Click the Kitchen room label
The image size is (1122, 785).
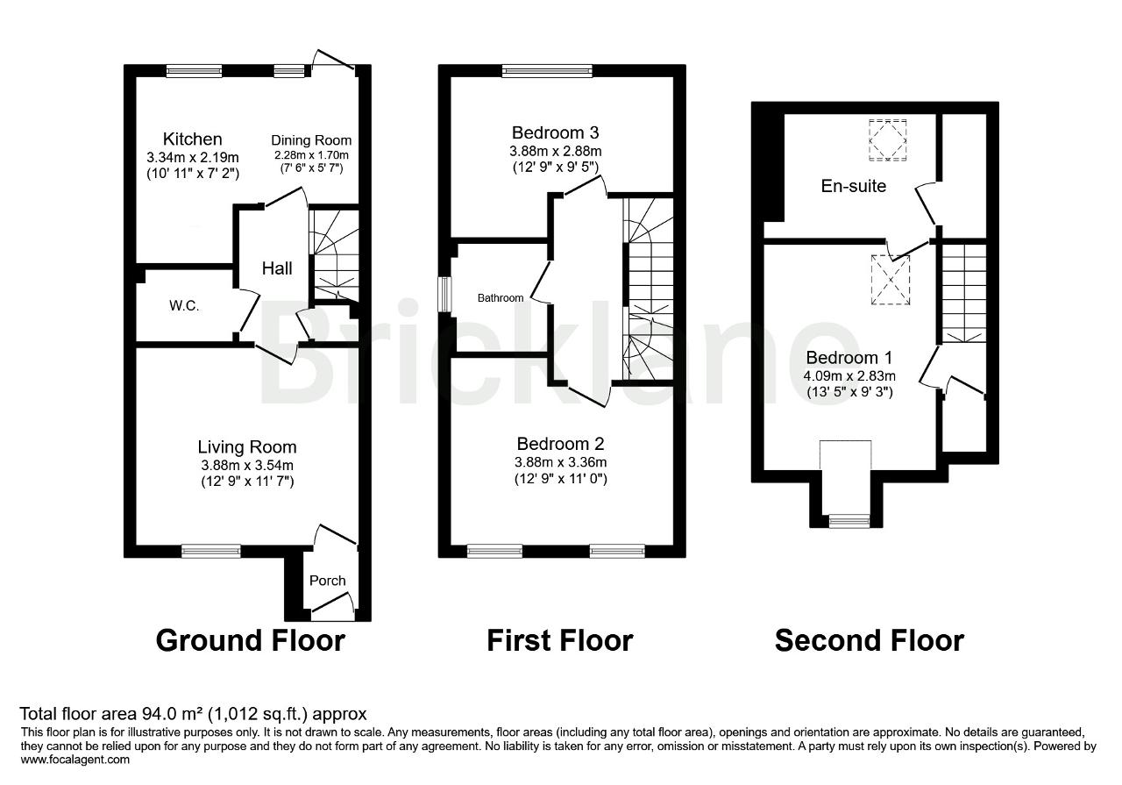click(192, 139)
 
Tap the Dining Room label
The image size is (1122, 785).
click(311, 140)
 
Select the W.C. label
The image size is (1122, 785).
click(184, 305)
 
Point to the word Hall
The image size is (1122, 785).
click(277, 268)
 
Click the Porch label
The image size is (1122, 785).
click(328, 581)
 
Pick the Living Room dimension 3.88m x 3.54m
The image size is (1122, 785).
click(247, 465)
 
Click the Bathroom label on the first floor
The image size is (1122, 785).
click(501, 297)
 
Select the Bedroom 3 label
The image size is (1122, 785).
click(555, 132)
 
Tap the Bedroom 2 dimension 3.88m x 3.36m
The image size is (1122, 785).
click(560, 461)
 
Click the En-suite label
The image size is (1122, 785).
click(854, 186)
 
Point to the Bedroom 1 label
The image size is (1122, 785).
click(849, 357)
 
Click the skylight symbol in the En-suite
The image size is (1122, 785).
click(888, 139)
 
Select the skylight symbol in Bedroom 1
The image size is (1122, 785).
click(890, 280)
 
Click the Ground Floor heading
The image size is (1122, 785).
click(251, 640)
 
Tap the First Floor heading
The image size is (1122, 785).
click(560, 640)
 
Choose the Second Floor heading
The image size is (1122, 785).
click(869, 640)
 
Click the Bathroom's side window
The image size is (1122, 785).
click(444, 295)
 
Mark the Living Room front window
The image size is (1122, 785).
click(211, 552)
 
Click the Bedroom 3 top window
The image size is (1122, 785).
click(548, 71)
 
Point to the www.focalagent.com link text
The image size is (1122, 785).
click(75, 760)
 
